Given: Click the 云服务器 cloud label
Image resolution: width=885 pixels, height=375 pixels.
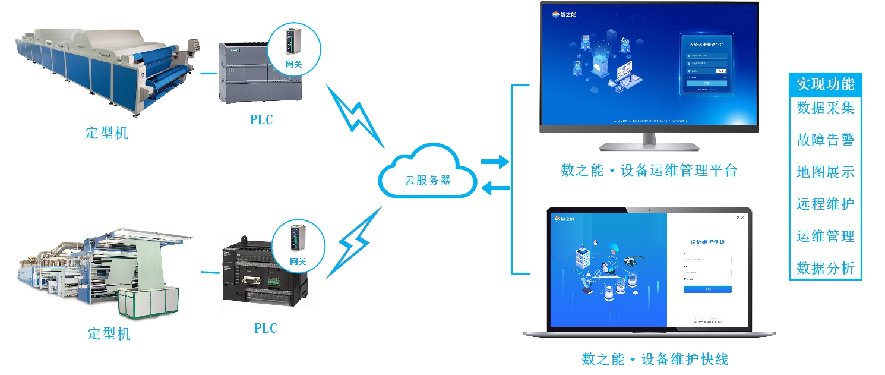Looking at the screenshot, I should tap(428, 180).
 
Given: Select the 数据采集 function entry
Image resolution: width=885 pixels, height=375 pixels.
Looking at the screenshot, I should tap(825, 108).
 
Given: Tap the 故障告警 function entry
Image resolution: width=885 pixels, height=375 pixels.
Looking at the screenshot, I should tap(825, 140).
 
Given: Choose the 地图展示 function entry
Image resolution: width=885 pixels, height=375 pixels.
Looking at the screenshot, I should tap(825, 172).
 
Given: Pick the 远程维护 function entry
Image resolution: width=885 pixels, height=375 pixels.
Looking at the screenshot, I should tap(825, 204).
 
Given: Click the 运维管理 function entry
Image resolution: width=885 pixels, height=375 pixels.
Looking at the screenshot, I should tap(825, 236).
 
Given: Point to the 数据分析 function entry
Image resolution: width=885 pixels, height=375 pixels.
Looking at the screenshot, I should tap(825, 268).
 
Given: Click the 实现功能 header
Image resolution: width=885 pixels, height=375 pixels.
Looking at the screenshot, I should tap(825, 84).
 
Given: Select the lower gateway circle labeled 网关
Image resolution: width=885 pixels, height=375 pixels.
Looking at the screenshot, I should tap(298, 247).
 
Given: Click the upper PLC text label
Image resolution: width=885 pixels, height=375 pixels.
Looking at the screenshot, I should tap(261, 119).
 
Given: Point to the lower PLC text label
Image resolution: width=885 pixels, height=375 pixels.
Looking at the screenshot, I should tap(265, 328).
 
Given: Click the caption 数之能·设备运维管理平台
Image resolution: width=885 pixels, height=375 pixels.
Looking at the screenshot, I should tap(649, 171).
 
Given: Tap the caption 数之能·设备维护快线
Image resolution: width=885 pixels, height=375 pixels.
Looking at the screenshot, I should tap(655, 359).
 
